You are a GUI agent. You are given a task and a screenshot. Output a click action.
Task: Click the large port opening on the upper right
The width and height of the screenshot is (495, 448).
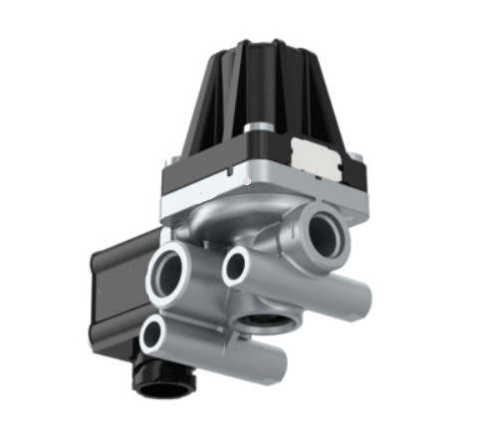324,234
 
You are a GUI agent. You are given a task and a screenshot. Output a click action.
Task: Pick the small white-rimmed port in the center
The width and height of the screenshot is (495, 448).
237,265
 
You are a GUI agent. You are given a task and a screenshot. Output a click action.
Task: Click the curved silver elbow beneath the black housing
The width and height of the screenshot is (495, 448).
224,227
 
